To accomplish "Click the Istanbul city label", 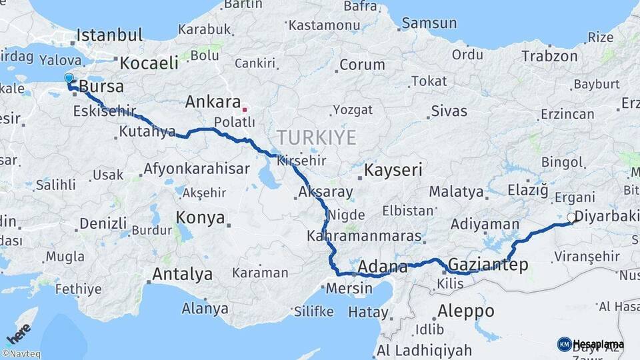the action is point(109,35).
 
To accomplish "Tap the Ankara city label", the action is point(213,103).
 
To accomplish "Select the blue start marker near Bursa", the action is point(69,79).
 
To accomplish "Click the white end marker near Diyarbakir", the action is point(571,217).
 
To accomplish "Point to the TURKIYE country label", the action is point(316,138).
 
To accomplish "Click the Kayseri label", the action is point(393,171).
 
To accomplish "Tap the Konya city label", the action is point(200,218).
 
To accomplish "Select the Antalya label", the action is point(182,274).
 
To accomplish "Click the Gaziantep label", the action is point(489,265).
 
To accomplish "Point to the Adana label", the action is point(383,267).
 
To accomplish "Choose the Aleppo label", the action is point(466,311).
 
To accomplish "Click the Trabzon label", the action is point(549,57).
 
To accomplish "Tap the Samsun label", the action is point(428,23).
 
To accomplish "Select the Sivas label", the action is point(449,111).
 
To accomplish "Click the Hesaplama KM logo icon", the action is point(564,344).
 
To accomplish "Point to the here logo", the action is point(19,332).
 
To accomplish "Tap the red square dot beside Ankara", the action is point(245,109).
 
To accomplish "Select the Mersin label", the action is point(349,289).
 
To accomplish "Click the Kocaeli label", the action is point(149,63).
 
